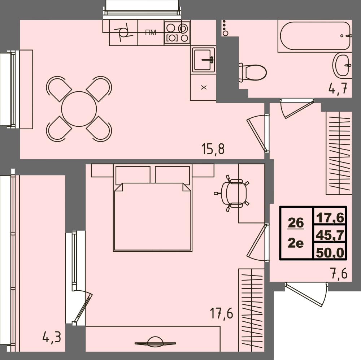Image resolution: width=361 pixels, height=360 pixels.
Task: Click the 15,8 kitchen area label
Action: tap(213, 149)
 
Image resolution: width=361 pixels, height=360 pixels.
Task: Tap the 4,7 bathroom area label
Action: tap(340, 88)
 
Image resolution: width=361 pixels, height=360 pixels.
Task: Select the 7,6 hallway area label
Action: tap(338, 273)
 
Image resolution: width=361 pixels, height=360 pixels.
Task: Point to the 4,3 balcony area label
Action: tap(52, 338)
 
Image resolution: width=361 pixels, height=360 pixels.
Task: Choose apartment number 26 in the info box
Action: tap(296, 223)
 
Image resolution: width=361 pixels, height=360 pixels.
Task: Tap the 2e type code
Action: tap(296, 243)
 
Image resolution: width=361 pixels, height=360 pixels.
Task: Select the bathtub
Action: tap(314, 36)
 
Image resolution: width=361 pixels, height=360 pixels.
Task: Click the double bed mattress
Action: tap(152, 217)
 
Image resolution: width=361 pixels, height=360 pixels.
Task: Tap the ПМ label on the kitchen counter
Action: tap(151, 32)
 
